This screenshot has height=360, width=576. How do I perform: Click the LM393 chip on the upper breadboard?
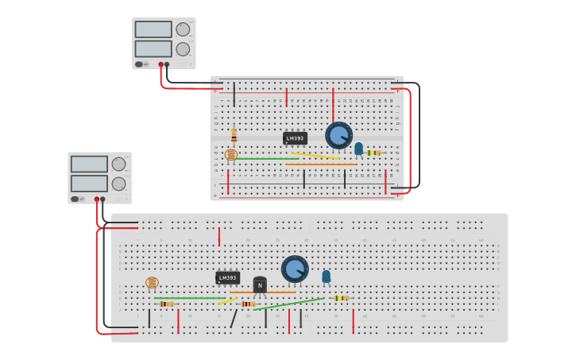click(295, 138)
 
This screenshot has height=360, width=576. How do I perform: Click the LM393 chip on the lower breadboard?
click(227, 277)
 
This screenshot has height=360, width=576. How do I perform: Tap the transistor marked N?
click(260, 285)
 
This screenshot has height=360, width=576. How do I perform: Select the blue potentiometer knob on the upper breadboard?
click(339, 135)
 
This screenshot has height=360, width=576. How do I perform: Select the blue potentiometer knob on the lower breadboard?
click(295, 269)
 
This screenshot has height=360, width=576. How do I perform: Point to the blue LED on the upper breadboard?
click(358, 148)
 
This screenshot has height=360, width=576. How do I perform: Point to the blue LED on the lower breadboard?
click(326, 276)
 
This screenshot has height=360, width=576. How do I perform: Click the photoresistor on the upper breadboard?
click(231, 154)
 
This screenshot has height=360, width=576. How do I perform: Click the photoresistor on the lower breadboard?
click(153, 282)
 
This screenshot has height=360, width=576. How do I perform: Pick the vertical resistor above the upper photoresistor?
click(234, 135)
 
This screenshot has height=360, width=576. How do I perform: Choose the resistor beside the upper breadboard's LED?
click(373, 153)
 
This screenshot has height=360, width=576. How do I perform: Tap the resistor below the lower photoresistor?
click(166, 304)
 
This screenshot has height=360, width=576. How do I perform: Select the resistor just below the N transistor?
click(248, 304)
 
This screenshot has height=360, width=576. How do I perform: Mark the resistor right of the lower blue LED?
click(341, 298)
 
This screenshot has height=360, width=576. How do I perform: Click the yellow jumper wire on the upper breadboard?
click(315, 156)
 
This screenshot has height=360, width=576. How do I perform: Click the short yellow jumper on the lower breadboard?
click(225, 301)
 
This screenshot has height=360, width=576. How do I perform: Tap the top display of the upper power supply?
click(153, 29)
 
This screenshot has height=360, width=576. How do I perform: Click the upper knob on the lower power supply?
click(118, 165)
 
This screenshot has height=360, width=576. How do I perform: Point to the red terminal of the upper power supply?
click(160, 64)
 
